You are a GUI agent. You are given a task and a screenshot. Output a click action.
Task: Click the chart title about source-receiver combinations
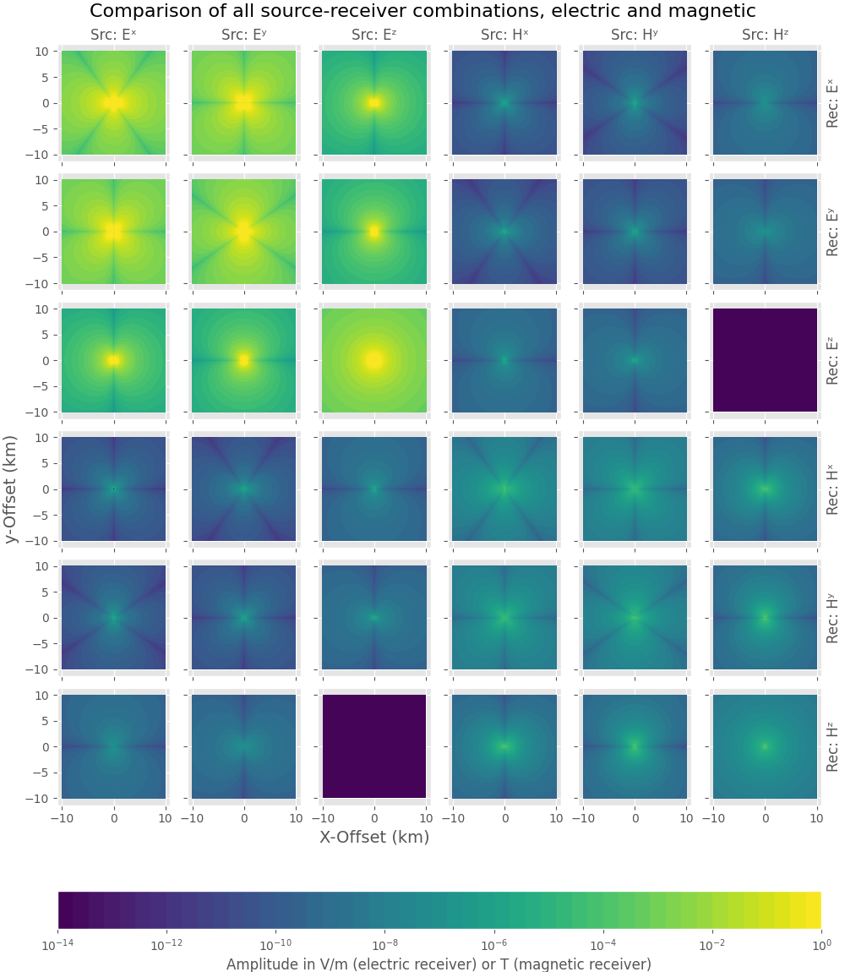[x=422, y=11]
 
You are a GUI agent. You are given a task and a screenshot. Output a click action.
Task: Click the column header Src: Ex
[x=113, y=35]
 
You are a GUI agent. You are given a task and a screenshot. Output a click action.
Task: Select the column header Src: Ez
[x=374, y=35]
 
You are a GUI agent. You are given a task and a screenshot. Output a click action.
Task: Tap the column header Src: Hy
[x=635, y=35]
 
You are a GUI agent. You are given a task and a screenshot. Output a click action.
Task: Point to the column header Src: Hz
[x=765, y=35]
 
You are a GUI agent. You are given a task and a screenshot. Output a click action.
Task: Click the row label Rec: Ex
[x=832, y=103]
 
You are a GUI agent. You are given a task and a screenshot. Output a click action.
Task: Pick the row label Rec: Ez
[x=832, y=360]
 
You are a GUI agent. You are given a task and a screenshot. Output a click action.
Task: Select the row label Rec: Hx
[x=832, y=489]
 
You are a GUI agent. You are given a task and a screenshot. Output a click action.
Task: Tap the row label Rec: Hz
[x=832, y=745]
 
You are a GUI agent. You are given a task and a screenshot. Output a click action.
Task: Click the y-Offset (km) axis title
[x=12, y=489]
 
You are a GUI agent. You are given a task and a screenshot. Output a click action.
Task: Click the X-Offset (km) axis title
[x=374, y=837]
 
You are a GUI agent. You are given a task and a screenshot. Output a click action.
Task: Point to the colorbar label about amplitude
[x=439, y=964]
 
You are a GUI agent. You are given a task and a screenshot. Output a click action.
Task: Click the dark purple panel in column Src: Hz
[x=765, y=360]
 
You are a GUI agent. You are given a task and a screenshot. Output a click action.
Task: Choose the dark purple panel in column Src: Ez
[x=374, y=745]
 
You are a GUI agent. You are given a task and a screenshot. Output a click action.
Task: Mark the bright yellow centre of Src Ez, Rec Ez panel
[x=374, y=360]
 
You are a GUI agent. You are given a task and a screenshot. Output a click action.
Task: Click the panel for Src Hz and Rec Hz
[x=765, y=745]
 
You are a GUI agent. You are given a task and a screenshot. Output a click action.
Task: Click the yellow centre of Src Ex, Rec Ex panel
[x=113, y=103]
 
